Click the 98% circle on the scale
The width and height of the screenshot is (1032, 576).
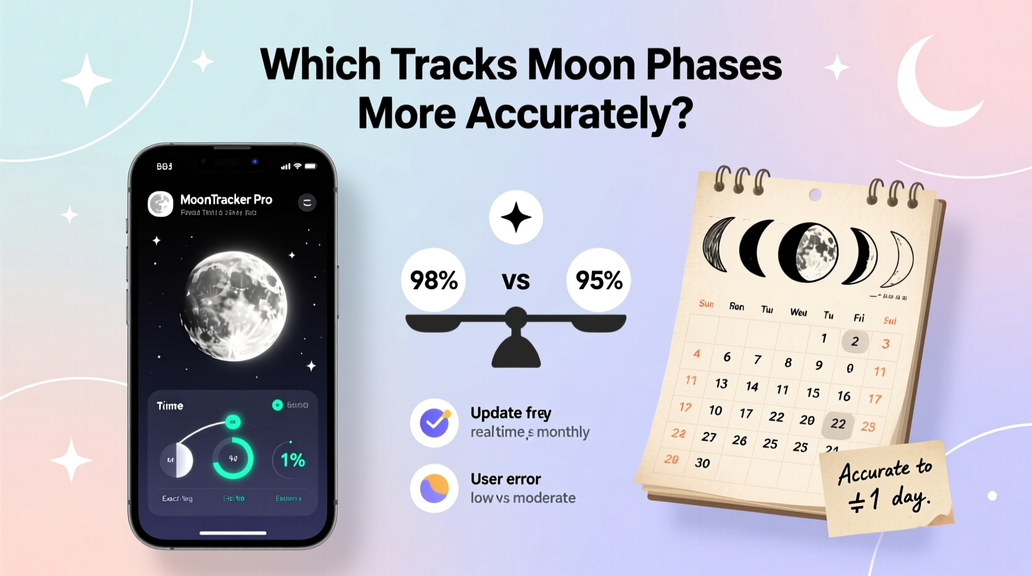(434, 280)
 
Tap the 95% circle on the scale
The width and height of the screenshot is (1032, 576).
(598, 280)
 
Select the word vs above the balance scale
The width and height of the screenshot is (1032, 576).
(515, 281)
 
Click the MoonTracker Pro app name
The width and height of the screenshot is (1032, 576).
(226, 199)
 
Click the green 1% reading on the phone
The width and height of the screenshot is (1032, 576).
(292, 460)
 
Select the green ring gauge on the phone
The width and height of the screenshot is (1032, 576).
(233, 459)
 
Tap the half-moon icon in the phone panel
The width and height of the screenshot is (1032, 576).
(177, 460)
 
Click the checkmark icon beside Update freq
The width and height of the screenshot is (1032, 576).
(434, 423)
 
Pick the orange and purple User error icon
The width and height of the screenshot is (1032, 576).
(434, 488)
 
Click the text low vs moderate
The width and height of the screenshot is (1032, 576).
(523, 498)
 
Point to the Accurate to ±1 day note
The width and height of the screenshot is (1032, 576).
(886, 488)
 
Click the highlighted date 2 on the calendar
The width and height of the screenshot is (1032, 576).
(855, 341)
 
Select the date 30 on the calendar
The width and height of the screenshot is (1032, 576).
(702, 463)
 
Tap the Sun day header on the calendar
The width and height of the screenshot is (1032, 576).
(706, 304)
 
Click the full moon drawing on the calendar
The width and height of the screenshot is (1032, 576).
(809, 253)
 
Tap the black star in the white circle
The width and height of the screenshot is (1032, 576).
(516, 217)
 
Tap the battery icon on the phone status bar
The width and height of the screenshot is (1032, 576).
(311, 166)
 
